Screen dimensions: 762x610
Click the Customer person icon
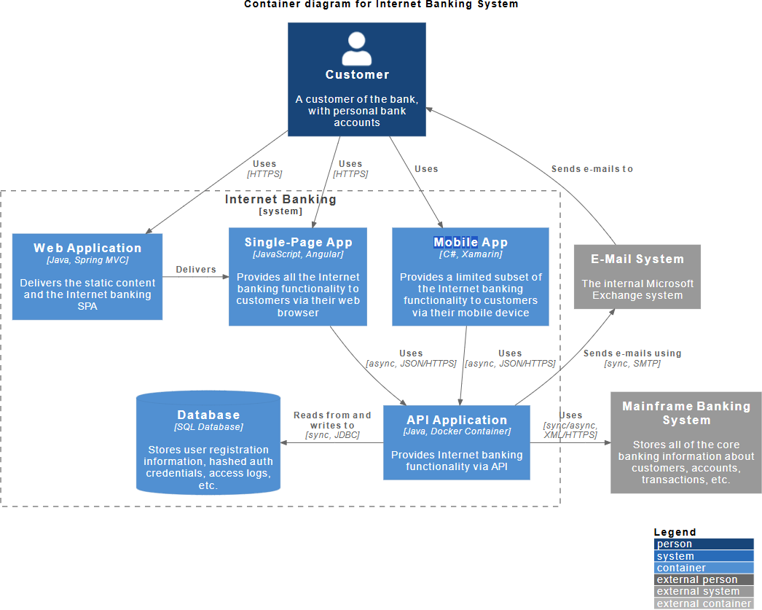click(x=357, y=49)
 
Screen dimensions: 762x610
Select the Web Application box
click(x=87, y=276)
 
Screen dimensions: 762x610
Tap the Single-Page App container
click(x=298, y=276)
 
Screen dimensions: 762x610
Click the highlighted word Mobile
click(x=456, y=242)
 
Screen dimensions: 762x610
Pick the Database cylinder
click(x=208, y=443)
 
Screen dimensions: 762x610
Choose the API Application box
click(x=457, y=443)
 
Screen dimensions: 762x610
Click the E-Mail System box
click(x=637, y=276)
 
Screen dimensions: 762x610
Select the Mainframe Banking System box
click(x=686, y=443)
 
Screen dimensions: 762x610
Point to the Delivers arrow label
click(x=196, y=269)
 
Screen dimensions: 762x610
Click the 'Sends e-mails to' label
click(x=592, y=168)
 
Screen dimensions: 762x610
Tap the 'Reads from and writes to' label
click(x=332, y=420)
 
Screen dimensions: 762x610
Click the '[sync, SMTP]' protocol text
click(x=632, y=364)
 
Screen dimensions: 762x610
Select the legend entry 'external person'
click(x=704, y=579)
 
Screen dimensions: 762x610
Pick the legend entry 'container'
click(x=704, y=568)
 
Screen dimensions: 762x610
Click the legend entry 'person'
click(x=704, y=544)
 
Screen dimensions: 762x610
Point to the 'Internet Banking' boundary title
click(x=280, y=199)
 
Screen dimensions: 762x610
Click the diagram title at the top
click(x=381, y=4)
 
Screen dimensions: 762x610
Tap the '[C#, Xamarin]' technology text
click(x=471, y=254)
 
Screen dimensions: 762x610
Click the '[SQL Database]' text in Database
click(x=208, y=427)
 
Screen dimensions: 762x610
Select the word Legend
click(x=675, y=532)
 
